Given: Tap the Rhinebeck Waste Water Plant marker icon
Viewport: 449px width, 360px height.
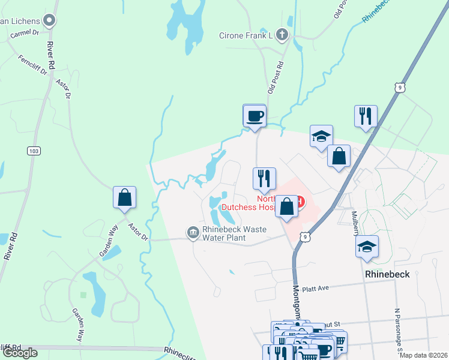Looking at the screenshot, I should coord(193,232).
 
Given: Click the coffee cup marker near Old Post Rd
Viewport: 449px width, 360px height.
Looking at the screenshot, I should coord(254,115).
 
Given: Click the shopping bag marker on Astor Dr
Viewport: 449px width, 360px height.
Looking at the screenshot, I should coord(124,197).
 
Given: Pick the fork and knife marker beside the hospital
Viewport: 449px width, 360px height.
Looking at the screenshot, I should coord(264,178).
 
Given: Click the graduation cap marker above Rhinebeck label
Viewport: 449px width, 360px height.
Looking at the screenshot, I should coord(367,247).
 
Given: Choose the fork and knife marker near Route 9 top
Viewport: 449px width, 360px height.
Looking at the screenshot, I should coord(366,115).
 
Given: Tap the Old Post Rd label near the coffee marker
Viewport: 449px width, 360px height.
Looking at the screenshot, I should coord(275,76).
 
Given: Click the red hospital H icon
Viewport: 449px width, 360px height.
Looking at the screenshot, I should coord(301,200).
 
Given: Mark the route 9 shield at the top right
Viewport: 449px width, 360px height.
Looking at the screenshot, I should coord(399,88).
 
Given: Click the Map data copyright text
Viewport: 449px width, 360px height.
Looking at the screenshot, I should coord(424,355).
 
